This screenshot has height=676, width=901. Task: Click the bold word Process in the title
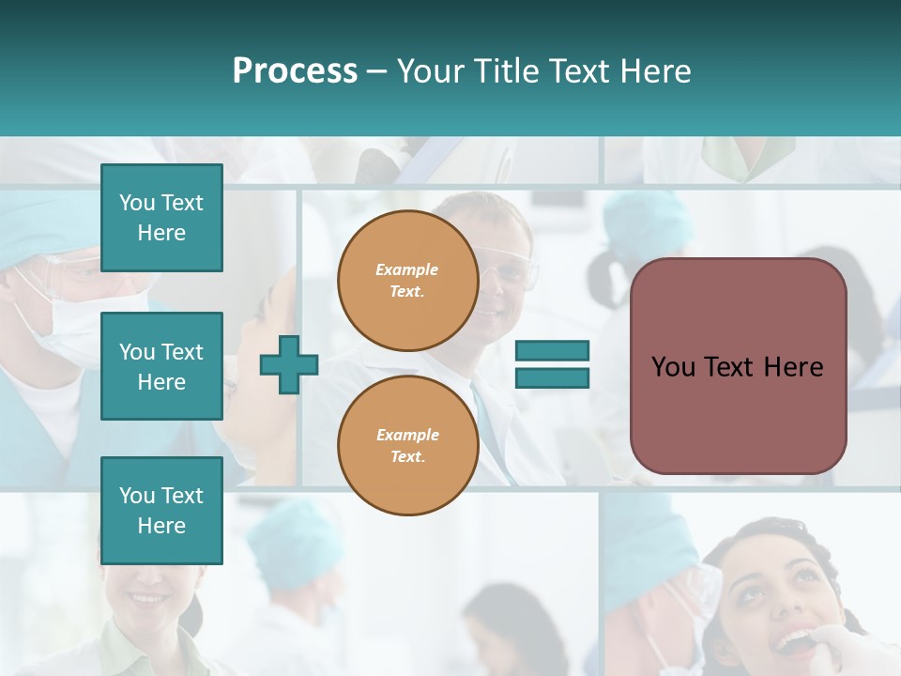point(295,71)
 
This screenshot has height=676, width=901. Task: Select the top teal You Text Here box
point(161,218)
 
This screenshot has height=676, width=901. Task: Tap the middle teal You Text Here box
point(161,366)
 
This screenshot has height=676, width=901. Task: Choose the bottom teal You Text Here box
point(161,510)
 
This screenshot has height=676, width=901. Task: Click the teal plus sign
point(289,363)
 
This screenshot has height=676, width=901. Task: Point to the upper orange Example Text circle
point(407,281)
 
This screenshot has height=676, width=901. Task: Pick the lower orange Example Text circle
point(407,446)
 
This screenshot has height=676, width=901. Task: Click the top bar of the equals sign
point(552,351)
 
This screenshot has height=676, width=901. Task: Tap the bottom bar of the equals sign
point(552,377)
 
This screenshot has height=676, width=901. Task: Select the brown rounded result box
point(738,413)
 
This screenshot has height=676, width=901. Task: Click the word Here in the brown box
point(793,367)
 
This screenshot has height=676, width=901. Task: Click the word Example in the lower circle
point(407,435)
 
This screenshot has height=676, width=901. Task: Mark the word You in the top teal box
point(136,203)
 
